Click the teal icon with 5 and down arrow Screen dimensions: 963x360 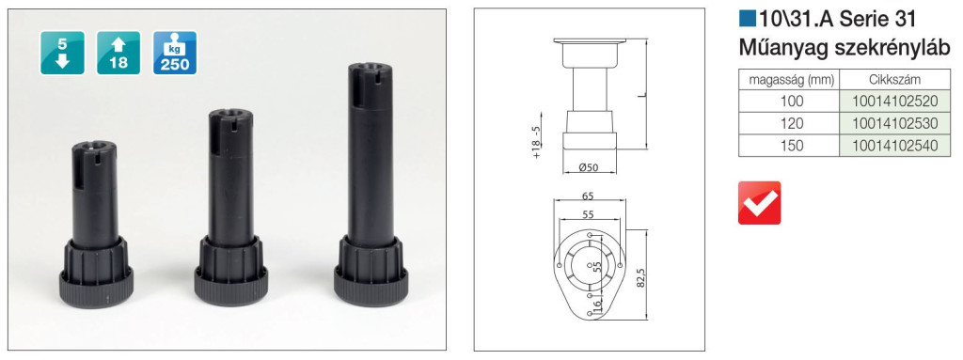pyautogui.click(x=63, y=53)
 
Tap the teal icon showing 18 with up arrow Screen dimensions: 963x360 pyautogui.click(x=118, y=53)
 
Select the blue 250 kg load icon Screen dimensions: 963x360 pyautogui.click(x=175, y=53)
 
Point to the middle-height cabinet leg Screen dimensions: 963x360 pyautogui.click(x=231, y=208)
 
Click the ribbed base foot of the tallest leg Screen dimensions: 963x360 pyautogui.click(x=371, y=273)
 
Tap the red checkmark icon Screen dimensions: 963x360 pyautogui.click(x=760, y=203)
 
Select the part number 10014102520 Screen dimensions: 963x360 pyautogui.click(x=895, y=102)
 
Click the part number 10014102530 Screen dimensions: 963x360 pyautogui.click(x=895, y=123)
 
